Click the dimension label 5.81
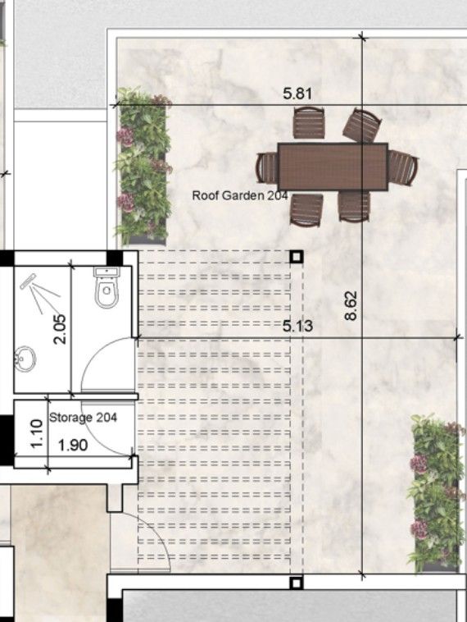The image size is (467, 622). click(x=297, y=94)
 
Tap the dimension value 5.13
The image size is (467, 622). click(x=297, y=327)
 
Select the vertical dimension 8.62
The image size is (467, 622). click(x=351, y=304)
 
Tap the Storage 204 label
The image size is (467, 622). click(x=83, y=418)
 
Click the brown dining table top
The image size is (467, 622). click(x=332, y=167)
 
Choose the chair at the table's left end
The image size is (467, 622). click(x=267, y=167)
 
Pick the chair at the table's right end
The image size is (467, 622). click(x=402, y=167)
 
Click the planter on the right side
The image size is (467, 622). click(x=435, y=492)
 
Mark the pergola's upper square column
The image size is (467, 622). click(x=297, y=256)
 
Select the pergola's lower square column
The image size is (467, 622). click(x=297, y=583)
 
